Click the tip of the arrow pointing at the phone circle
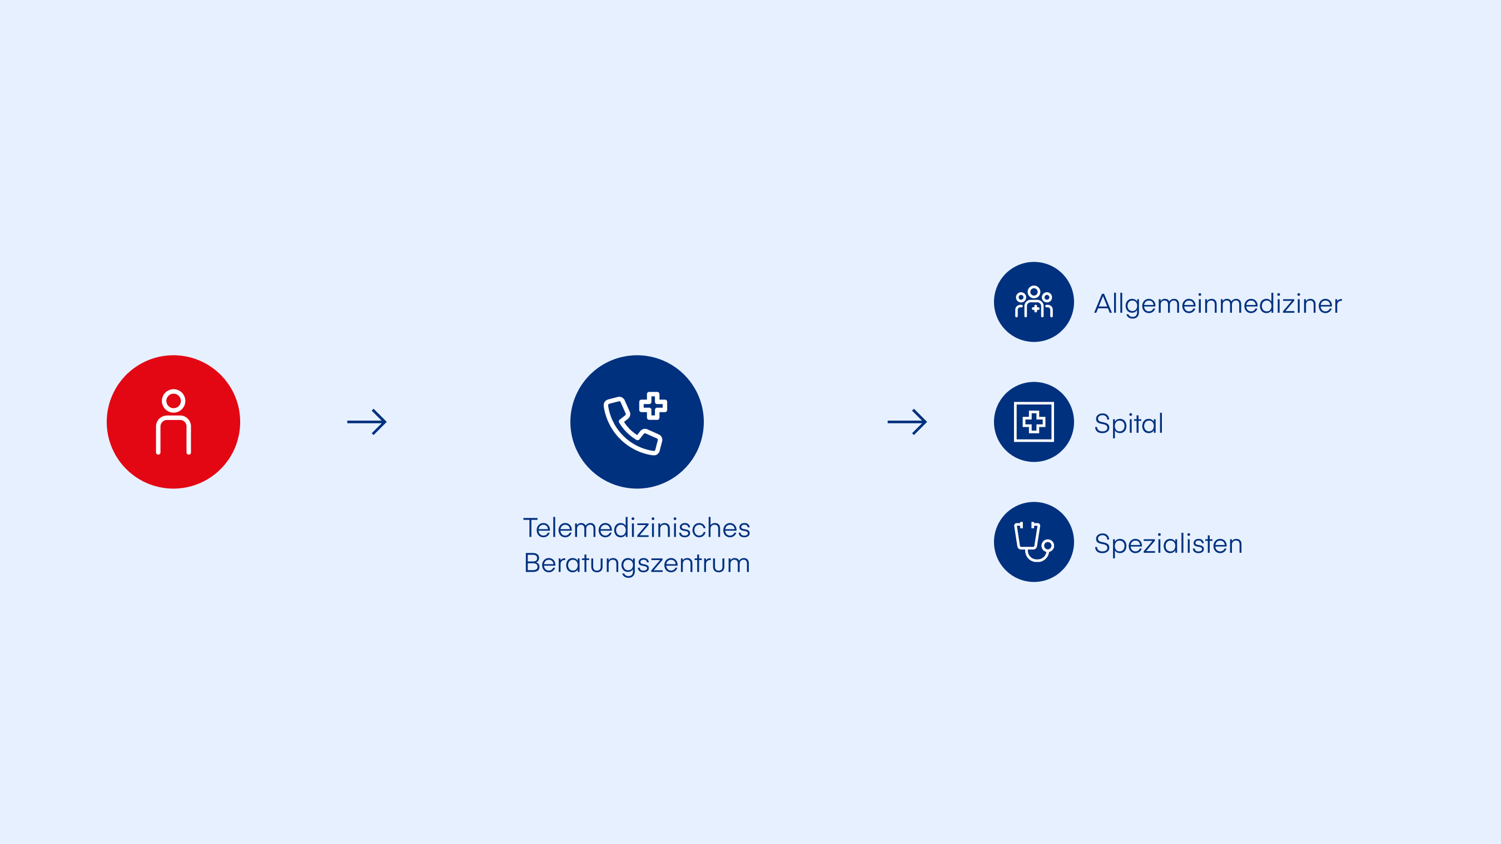coord(386,422)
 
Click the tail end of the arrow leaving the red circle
coord(348,422)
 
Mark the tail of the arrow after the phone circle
coord(888,422)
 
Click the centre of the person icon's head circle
coord(173,401)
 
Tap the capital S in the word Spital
coord(1102,423)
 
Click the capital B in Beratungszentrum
coord(531,563)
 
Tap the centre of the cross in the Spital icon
coord(1033,422)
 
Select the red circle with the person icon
coord(173,422)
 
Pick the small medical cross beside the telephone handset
coord(653,406)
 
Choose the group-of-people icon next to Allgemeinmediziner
coord(1033,302)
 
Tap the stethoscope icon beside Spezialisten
coord(1033,542)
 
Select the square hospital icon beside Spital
coord(1033,422)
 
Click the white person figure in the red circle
coord(173,422)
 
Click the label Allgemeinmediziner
coord(1218,304)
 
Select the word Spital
coord(1129,423)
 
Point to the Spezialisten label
coord(1169,544)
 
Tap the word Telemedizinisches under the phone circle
coord(637,528)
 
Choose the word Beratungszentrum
coord(637,563)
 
